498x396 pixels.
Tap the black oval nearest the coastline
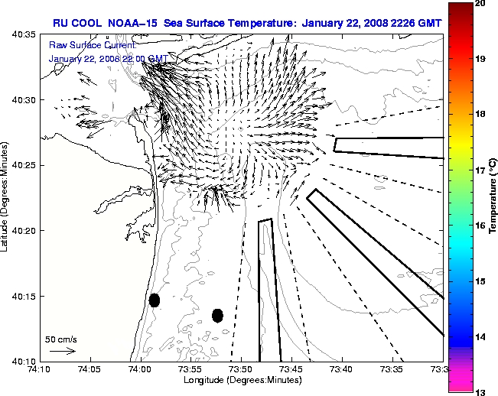(x=155, y=300)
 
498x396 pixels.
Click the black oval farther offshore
(x=217, y=315)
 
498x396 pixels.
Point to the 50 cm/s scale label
(x=60, y=339)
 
